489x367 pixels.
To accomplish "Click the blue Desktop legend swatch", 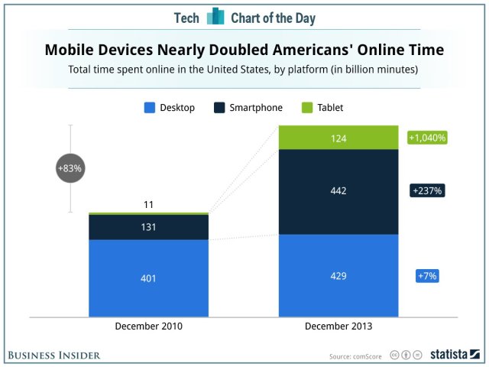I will click(x=150, y=108).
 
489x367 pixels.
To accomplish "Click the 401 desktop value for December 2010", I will click(x=149, y=278).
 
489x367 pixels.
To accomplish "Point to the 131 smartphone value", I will click(x=149, y=227).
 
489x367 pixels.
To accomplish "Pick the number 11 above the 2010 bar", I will click(x=149, y=205).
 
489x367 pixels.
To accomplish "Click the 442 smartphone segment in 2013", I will click(x=338, y=191).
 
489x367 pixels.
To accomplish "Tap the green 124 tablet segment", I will click(x=338, y=138).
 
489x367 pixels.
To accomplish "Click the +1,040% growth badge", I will click(x=427, y=138).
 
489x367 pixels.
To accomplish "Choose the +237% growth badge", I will click(x=427, y=191).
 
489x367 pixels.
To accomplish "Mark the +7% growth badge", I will click(x=426, y=275).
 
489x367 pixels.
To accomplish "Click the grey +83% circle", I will click(x=70, y=168).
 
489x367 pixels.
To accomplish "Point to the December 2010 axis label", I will click(x=149, y=326).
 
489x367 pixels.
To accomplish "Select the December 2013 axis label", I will click(x=338, y=326).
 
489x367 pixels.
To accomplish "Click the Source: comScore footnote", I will click(x=355, y=356).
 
